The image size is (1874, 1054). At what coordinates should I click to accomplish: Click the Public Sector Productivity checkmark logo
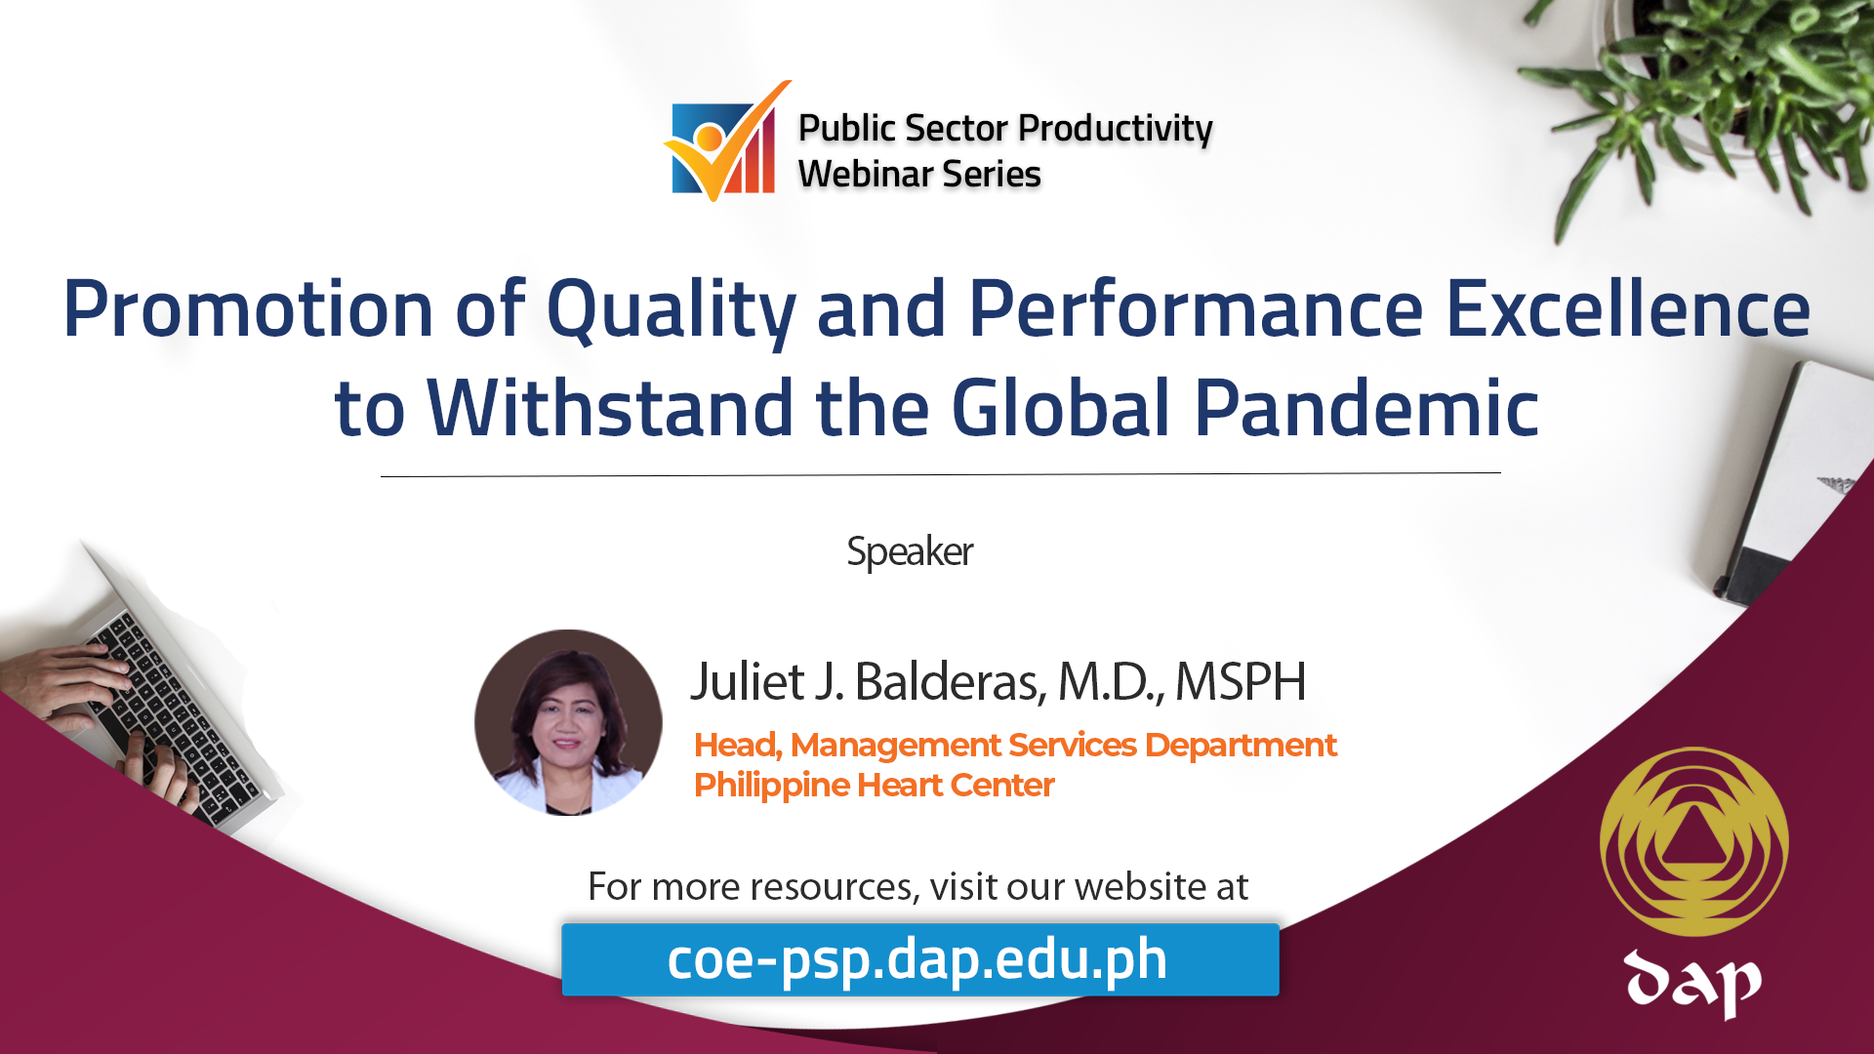click(726, 142)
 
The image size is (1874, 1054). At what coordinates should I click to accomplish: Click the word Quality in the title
click(672, 310)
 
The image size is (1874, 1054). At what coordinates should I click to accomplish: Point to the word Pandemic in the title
click(1366, 407)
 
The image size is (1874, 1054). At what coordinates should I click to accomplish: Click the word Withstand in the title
click(610, 407)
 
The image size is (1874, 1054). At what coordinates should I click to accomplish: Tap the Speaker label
click(910, 551)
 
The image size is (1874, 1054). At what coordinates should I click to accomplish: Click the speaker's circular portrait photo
click(568, 722)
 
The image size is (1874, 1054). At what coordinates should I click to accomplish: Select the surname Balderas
click(951, 681)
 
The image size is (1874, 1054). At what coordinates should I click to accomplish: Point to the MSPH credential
click(1241, 681)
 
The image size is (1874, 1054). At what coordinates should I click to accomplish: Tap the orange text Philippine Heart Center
click(875, 785)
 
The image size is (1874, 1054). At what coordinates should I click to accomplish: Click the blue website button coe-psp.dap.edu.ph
click(920, 959)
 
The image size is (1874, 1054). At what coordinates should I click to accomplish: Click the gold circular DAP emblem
click(1694, 841)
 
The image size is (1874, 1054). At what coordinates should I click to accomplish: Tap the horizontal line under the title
click(941, 475)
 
